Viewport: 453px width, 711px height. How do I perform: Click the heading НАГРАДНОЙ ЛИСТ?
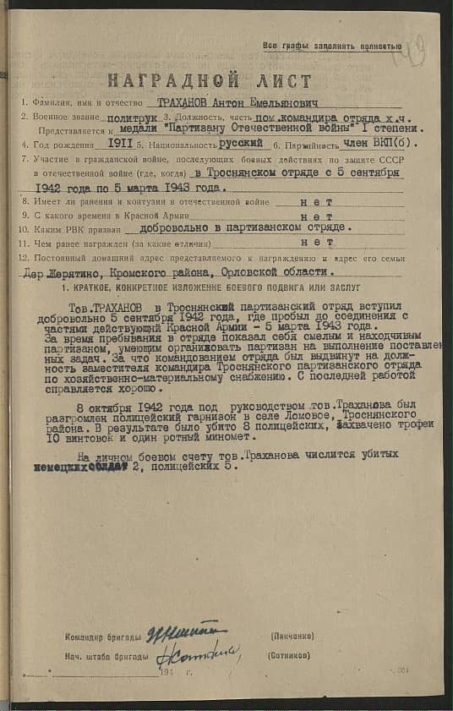[x=209, y=81]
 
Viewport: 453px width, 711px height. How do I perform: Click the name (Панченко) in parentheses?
[x=293, y=635]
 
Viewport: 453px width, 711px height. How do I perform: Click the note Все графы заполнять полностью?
[x=331, y=46]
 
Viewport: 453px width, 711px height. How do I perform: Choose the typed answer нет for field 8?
[x=317, y=201]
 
